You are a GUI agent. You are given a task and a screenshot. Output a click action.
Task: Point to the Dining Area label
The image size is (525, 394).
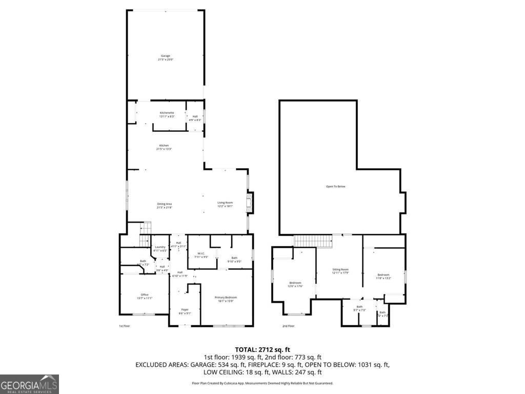[164, 206]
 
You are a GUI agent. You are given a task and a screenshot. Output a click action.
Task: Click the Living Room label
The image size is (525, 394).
[225, 204]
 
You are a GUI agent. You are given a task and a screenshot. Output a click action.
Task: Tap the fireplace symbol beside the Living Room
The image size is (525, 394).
[250, 202]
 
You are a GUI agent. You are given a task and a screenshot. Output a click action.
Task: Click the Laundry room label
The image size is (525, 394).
[160, 248]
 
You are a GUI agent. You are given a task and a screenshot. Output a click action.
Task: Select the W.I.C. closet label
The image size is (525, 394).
[201, 254]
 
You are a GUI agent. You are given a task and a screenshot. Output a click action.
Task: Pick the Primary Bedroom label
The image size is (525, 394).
[226, 299]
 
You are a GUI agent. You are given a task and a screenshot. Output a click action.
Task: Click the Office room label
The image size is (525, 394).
[145, 296]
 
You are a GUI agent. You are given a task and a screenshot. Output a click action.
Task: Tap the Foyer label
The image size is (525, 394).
[185, 311]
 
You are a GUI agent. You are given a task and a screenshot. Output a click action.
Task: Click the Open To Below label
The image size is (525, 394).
[336, 186]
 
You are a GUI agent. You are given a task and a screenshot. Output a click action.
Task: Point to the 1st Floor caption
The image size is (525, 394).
[124, 326]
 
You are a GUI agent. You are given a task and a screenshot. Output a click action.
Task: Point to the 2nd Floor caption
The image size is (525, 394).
[288, 326]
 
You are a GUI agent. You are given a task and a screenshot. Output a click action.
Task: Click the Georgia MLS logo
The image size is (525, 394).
[29, 384]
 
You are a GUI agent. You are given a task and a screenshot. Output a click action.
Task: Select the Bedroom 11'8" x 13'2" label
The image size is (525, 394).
[383, 277]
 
